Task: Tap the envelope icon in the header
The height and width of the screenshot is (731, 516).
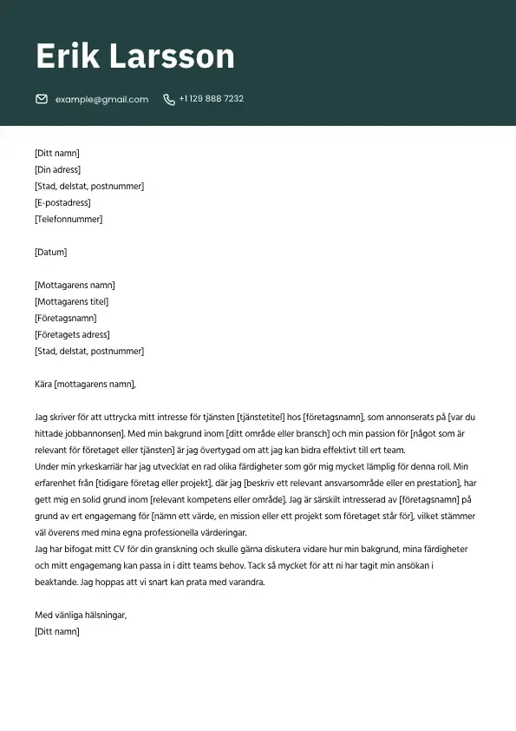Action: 42,99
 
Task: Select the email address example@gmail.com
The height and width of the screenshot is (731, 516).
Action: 101,99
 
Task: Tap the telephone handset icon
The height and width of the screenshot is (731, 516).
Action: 168,99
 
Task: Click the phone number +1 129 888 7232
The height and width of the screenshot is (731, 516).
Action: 211,99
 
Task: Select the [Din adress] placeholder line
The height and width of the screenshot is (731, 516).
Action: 57,170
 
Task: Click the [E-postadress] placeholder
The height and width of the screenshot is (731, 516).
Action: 62,203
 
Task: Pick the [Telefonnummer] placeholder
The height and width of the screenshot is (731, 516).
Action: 69,220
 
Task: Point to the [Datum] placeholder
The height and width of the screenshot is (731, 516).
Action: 50,253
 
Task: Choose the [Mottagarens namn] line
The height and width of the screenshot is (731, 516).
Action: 75,286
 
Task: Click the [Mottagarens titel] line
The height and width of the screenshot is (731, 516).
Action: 72,302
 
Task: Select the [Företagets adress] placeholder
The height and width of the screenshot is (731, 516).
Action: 73,335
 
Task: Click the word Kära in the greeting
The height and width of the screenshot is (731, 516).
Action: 43,384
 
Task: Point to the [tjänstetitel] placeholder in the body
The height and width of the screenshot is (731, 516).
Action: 264,417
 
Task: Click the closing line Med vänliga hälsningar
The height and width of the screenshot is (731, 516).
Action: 81,615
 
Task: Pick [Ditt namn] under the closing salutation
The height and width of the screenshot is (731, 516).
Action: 56,631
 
